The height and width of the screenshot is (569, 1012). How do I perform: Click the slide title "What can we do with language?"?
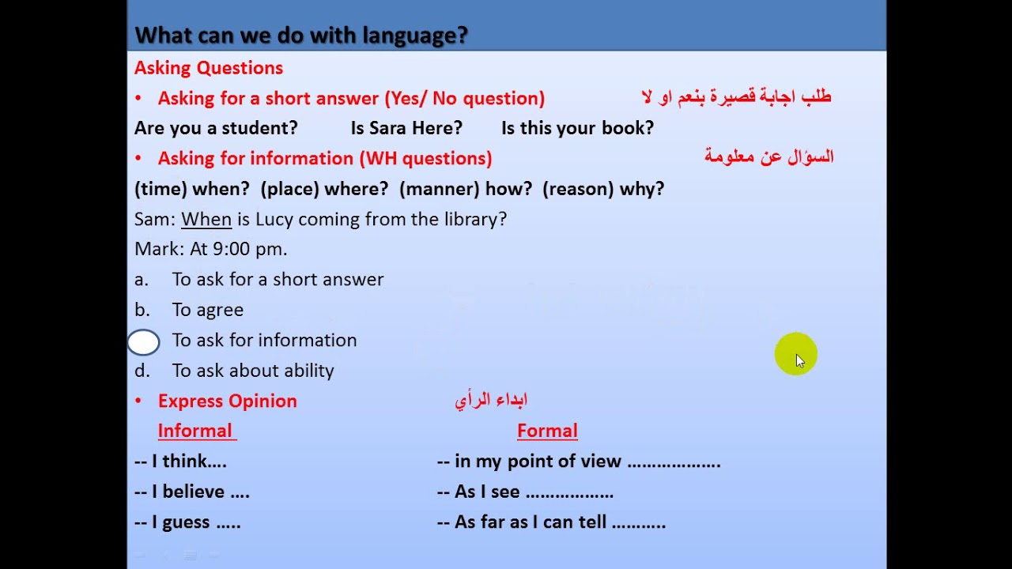point(301,36)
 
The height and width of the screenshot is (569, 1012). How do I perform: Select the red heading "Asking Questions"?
point(208,68)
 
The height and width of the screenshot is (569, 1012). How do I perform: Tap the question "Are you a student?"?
point(216,128)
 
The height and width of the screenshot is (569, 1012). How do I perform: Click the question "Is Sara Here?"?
point(406,128)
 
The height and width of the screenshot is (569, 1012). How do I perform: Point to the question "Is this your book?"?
point(577,128)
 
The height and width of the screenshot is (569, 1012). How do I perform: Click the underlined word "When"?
point(206,219)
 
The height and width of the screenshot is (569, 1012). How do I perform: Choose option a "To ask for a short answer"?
point(278,280)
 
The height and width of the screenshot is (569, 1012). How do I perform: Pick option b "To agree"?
point(207,310)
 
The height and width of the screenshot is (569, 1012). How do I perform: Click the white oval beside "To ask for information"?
point(144,342)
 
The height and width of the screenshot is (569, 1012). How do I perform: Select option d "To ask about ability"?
point(253,371)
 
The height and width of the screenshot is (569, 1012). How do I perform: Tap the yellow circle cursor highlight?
point(795,354)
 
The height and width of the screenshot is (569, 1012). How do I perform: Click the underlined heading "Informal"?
point(195,431)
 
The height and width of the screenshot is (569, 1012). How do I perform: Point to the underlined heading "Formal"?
point(547,431)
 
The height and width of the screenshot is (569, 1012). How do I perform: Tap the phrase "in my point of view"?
point(538,462)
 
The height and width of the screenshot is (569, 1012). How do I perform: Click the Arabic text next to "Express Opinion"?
point(491,401)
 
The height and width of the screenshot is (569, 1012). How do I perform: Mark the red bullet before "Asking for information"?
point(138,159)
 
